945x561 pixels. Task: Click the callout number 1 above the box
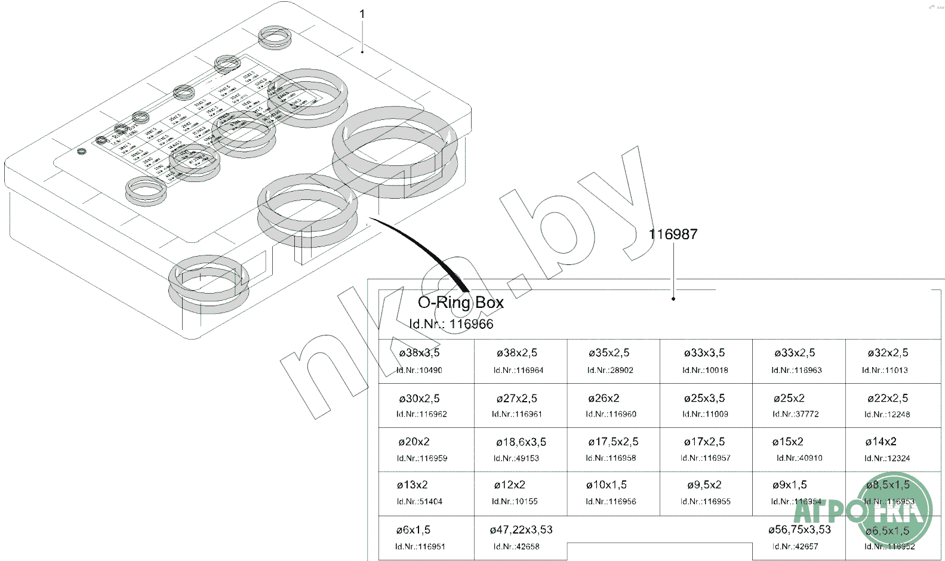[x=362, y=14]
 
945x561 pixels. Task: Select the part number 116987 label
[x=673, y=235]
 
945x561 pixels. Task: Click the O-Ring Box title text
[x=460, y=303]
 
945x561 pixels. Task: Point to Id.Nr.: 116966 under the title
[x=451, y=324]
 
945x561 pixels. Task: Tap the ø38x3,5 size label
[x=419, y=353]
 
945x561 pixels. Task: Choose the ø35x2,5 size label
[x=608, y=353]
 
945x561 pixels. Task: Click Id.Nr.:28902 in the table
[x=610, y=370]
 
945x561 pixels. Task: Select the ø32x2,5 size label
[x=888, y=353]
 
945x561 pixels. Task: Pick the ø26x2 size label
[x=604, y=398]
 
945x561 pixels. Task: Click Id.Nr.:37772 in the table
[x=795, y=414]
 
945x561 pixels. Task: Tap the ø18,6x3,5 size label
[x=521, y=442]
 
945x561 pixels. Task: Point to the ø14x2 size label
[x=881, y=442]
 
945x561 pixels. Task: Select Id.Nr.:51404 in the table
[x=419, y=501]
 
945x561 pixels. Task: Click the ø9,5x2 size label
[x=704, y=485]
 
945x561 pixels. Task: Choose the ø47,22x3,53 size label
[x=521, y=530]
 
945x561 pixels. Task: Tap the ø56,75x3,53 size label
[x=799, y=529]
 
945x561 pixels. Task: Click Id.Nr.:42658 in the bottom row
[x=516, y=546]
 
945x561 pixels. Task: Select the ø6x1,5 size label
[x=413, y=530]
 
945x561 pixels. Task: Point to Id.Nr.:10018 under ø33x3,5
[x=705, y=370]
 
